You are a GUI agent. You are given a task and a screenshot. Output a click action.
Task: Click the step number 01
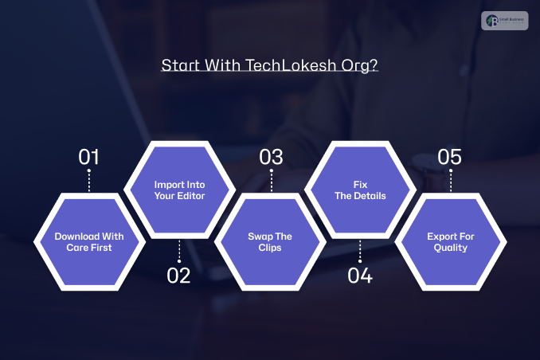(88, 157)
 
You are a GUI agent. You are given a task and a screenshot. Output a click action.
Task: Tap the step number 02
(179, 276)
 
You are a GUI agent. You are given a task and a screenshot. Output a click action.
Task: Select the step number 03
(271, 157)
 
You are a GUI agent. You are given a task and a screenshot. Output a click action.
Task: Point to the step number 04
(360, 276)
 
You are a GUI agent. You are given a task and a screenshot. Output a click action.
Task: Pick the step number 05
(450, 157)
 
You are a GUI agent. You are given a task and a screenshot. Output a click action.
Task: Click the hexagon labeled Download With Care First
(88, 241)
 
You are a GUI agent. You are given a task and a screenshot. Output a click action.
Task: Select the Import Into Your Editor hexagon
(179, 190)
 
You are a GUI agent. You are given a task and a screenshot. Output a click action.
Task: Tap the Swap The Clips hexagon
(270, 241)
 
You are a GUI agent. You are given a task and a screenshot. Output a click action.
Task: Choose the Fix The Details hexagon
(360, 190)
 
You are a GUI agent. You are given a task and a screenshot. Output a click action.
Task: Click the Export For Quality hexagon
(451, 241)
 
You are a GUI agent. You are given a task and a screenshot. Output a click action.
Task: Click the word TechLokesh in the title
(299, 65)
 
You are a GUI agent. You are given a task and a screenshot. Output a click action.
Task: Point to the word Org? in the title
(361, 66)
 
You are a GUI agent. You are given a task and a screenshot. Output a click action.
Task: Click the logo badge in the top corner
(504, 21)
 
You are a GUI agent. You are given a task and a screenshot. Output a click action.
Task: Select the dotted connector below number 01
(88, 180)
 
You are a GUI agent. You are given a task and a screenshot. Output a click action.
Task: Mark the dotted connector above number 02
(179, 252)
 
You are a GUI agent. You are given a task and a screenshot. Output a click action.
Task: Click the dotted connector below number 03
(271, 180)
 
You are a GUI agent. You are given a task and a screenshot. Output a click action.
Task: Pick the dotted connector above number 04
(360, 252)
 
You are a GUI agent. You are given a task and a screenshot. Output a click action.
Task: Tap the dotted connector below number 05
(451, 180)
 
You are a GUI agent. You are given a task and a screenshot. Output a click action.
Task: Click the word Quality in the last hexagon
(451, 248)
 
